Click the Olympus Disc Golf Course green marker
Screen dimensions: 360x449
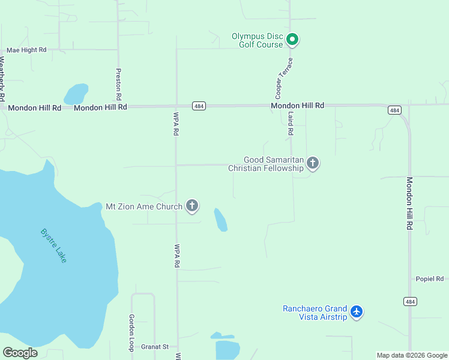tap(292, 40)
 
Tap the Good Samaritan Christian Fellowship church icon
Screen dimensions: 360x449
tap(312, 163)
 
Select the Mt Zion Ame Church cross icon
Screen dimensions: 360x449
tap(192, 206)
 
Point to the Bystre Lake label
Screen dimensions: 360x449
tap(54, 245)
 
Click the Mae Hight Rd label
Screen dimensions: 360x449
tap(26, 51)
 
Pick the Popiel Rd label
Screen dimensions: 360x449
tap(429, 279)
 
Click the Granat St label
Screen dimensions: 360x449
tap(155, 347)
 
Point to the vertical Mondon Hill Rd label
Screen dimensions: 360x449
tap(410, 203)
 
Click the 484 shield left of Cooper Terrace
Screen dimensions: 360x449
tap(199, 106)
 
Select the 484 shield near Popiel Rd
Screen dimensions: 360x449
tap(410, 301)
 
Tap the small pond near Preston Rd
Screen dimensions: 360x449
tap(76, 94)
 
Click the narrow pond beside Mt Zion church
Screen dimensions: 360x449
tap(221, 220)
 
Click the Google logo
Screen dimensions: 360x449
tap(20, 353)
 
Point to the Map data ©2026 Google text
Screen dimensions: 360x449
tap(412, 355)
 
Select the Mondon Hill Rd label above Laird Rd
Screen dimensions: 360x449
tap(297, 106)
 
